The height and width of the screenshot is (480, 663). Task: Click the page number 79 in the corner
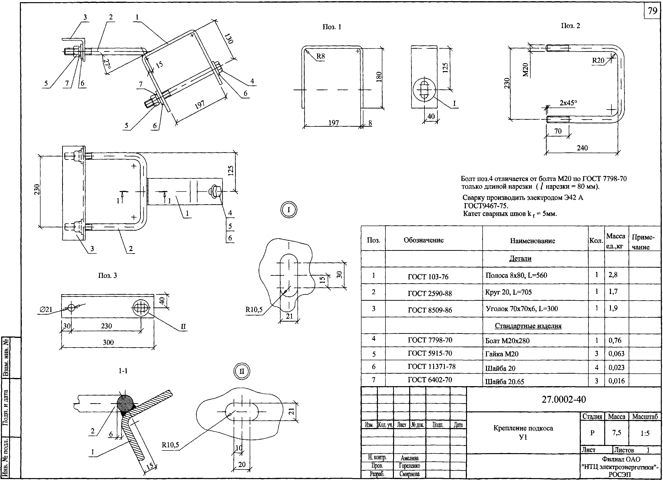coord(652,11)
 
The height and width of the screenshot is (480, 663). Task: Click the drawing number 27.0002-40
coord(564,399)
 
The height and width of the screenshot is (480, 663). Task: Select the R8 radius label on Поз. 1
coord(320,56)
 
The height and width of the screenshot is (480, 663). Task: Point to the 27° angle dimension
coord(107,64)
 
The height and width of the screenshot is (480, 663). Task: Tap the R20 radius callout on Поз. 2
coord(598,60)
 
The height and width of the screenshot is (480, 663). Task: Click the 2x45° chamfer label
coord(568,103)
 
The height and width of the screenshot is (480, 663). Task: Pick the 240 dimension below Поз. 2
coord(582,148)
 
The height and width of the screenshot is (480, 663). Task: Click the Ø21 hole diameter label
coord(46,309)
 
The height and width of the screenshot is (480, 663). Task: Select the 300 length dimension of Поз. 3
coord(108,342)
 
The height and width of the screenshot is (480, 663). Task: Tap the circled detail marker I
coord(289,210)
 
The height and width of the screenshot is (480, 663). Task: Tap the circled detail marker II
coord(242,372)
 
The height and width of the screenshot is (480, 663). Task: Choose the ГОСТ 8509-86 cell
coord(430,310)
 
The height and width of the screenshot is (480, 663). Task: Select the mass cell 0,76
coord(615,340)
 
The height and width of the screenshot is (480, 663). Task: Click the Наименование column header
coord(532,241)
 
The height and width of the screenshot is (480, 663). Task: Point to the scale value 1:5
coord(645,433)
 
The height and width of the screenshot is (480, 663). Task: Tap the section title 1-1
coord(123,371)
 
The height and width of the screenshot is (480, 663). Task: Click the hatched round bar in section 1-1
coord(125,403)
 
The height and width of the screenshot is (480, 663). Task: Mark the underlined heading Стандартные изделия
coord(528,326)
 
